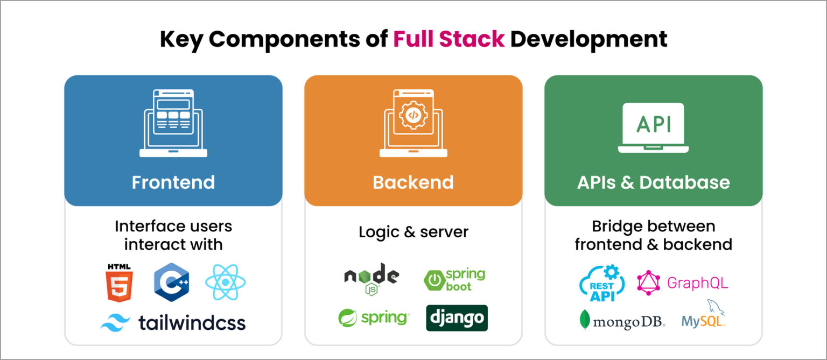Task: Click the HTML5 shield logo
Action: [x=119, y=283]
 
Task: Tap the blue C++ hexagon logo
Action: [x=171, y=282]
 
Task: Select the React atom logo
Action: [x=225, y=282]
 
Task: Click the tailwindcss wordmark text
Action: [x=192, y=322]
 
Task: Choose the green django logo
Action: [x=457, y=318]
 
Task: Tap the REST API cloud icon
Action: [x=602, y=283]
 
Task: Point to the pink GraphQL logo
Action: [x=682, y=283]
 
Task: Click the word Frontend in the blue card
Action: [x=173, y=182]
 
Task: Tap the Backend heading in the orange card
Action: [x=413, y=182]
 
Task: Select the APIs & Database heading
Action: [x=653, y=182]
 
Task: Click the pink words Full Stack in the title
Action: [x=448, y=39]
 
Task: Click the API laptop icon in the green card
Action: [x=653, y=128]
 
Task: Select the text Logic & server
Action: [x=413, y=232]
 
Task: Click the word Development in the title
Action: [x=588, y=39]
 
